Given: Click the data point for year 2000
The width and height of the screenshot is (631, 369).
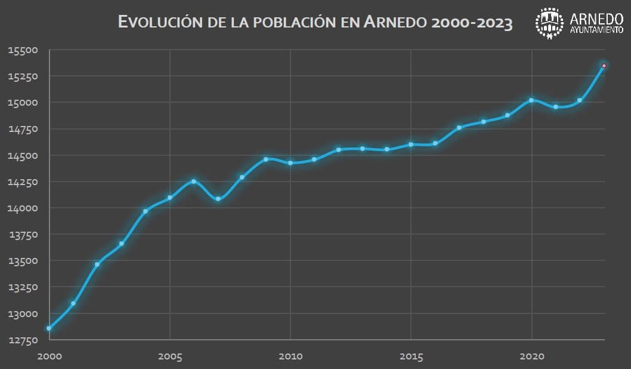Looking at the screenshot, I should point(49,328).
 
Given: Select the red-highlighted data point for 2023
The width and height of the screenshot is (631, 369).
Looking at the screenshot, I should point(604,66).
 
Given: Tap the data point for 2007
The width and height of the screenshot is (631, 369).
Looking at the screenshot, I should point(218,199).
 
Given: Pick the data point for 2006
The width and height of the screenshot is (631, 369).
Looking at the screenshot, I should point(194,182).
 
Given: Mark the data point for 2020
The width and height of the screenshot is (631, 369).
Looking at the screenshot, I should point(531,100).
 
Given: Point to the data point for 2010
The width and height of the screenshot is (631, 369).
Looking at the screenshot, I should point(290,163).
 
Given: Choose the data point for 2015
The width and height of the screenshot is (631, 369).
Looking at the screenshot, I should point(411,144).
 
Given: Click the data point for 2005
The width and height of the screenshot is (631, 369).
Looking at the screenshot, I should point(170,198).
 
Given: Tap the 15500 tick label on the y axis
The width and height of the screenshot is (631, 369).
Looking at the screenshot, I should point(23,50).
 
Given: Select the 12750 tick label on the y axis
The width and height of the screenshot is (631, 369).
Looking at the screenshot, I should point(23,340).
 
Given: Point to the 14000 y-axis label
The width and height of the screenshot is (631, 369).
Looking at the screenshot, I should point(23,208).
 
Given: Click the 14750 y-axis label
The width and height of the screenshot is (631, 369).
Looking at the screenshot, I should point(23,129).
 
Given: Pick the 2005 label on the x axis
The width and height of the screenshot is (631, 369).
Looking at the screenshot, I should point(170,356).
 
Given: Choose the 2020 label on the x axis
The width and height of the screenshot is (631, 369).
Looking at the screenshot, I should point(531,356).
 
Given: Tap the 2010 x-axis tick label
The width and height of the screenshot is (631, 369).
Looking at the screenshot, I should point(290,356).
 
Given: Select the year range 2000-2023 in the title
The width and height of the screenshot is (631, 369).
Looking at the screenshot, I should point(471,23).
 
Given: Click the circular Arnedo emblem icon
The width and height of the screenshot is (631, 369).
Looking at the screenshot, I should point(549,23).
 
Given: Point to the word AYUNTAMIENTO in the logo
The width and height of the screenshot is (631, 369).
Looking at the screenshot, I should point(597,30).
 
